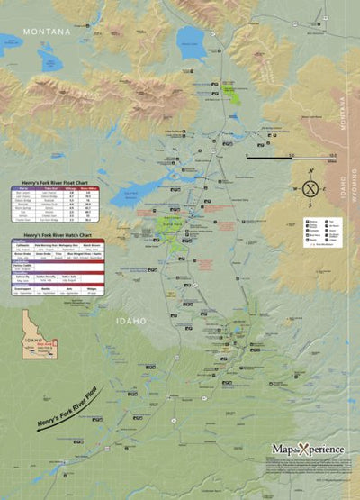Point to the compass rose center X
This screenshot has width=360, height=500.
click(x=310, y=188)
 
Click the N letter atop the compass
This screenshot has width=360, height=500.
click(x=310, y=171)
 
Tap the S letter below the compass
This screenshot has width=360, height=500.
click(x=310, y=205)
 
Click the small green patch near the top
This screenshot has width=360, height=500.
click(x=233, y=93)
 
